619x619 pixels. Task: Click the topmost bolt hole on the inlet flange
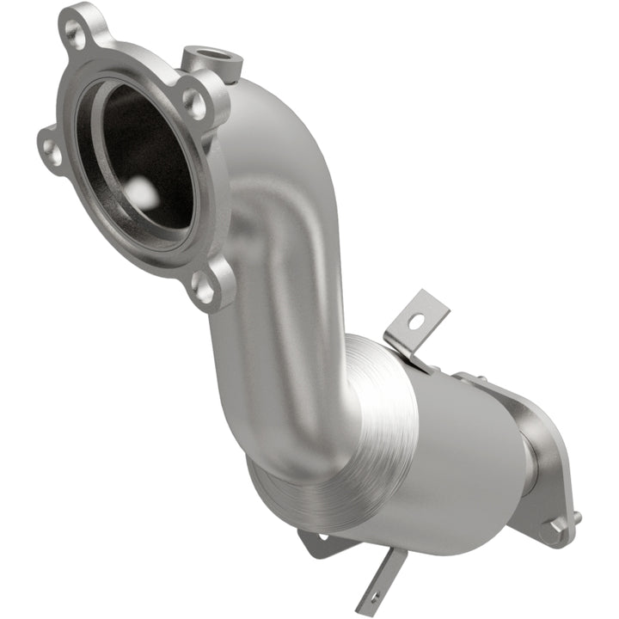coord(77,34)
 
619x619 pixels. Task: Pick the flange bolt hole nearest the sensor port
coord(197,103)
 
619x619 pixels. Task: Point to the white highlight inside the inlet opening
coord(144,196)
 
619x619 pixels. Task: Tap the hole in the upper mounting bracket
coord(416,322)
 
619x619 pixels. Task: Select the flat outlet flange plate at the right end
coord(542,464)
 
